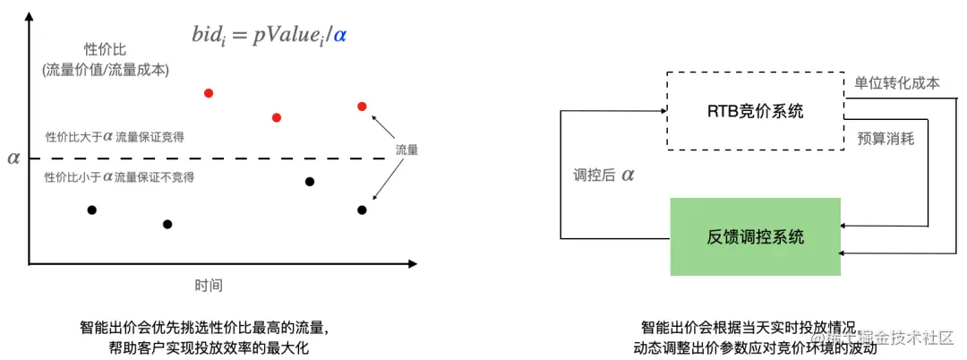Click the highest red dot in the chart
pyautogui.click(x=209, y=92)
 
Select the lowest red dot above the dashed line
pyautogui.click(x=277, y=117)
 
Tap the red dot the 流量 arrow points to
pyautogui.click(x=362, y=107)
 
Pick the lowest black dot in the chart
pyautogui.click(x=167, y=224)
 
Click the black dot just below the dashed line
pyautogui.click(x=310, y=182)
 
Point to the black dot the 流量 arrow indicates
pyautogui.click(x=362, y=210)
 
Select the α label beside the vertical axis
pyautogui.click(x=13, y=159)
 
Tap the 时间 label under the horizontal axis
pyautogui.click(x=209, y=286)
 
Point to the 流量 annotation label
pyautogui.click(x=406, y=150)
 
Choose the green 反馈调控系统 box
pyautogui.click(x=756, y=236)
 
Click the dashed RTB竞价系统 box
pyautogui.click(x=756, y=111)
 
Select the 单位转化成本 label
pyautogui.click(x=897, y=82)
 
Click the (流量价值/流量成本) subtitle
pyautogui.click(x=106, y=69)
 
